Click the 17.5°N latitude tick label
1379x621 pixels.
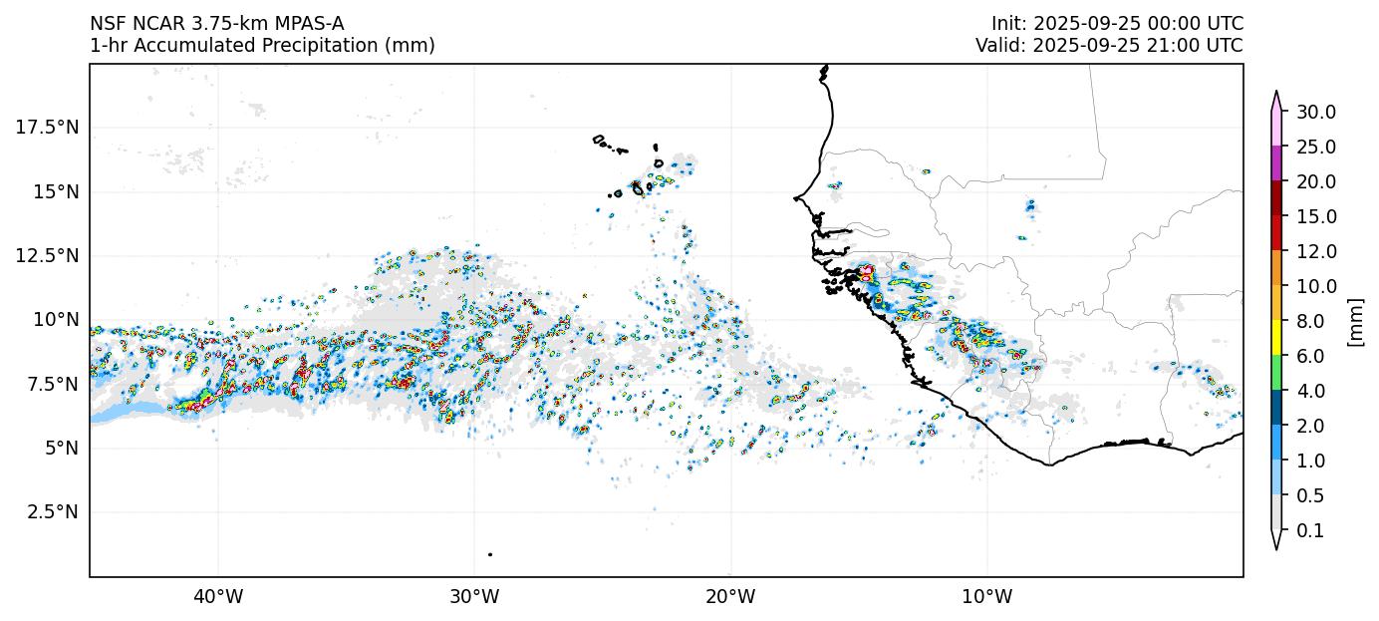coord(48,128)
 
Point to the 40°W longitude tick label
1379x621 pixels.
coord(218,597)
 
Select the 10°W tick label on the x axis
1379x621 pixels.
coord(987,597)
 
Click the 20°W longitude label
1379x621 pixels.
coord(730,597)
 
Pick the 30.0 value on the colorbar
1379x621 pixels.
coord(1315,112)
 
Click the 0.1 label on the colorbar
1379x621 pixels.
coord(1310,530)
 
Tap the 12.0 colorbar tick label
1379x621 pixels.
coord(1315,251)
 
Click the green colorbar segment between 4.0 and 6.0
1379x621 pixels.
coord(1276,373)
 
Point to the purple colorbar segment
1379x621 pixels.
coord(1276,163)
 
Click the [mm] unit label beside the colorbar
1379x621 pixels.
coord(1355,321)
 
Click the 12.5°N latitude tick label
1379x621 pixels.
coord(48,256)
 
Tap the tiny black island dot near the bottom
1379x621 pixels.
coord(490,554)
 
